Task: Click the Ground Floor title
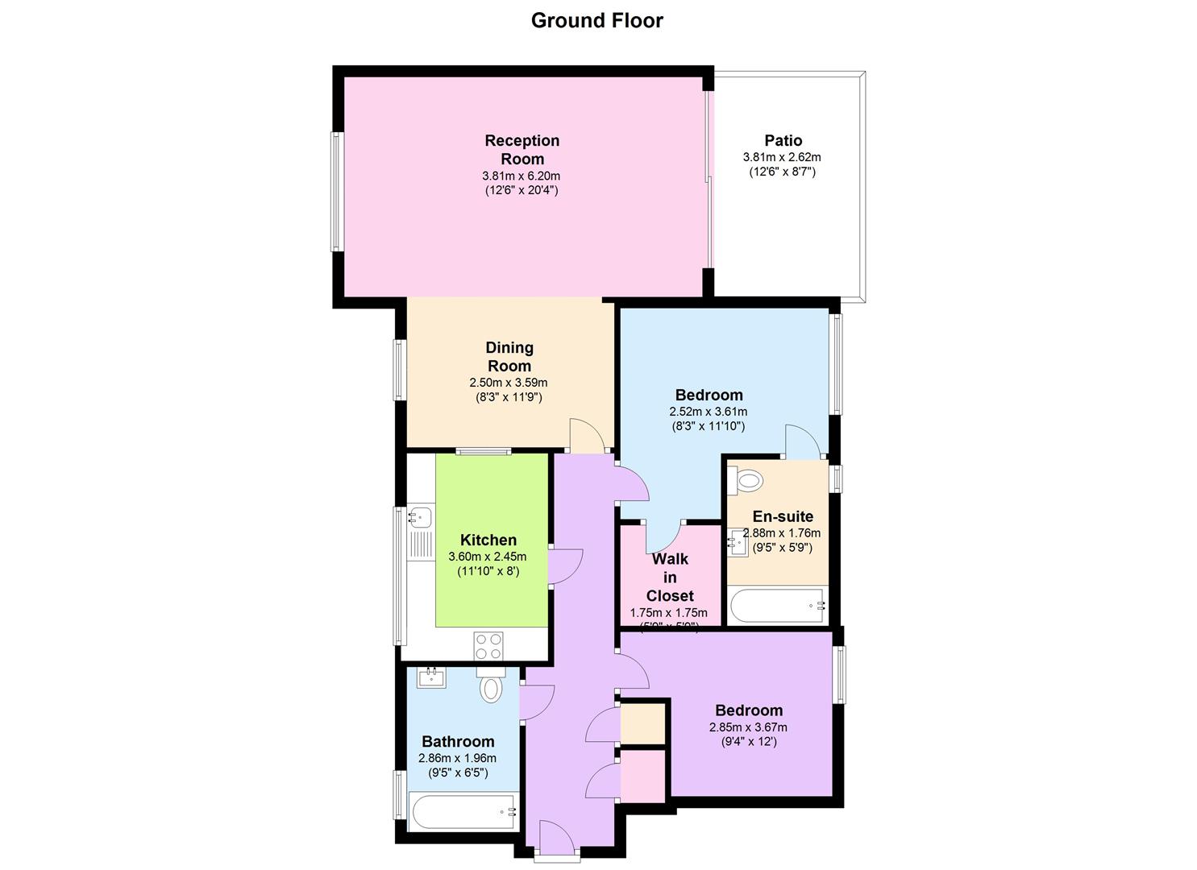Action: click(596, 20)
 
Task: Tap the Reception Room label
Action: click(522, 150)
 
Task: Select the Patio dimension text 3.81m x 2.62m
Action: click(781, 157)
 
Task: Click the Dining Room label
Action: click(509, 356)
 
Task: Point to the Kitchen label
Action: click(488, 540)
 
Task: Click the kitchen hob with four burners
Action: click(488, 644)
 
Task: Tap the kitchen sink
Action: click(419, 516)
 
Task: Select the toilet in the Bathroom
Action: click(489, 686)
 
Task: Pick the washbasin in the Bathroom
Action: click(431, 677)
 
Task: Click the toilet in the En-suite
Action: click(746, 481)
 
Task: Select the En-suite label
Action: click(783, 516)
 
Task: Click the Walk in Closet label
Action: click(670, 577)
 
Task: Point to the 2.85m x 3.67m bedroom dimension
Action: click(748, 727)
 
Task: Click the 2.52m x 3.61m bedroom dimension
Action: click(709, 412)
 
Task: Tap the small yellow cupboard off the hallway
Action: click(642, 723)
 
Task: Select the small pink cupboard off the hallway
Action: click(642, 775)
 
